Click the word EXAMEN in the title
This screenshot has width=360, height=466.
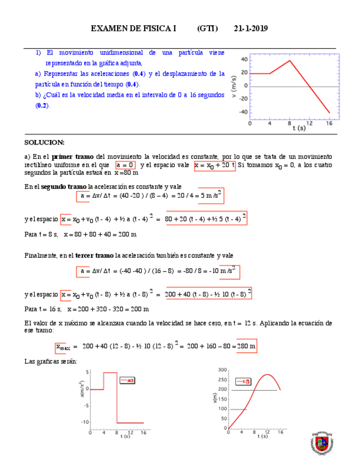click(x=108, y=29)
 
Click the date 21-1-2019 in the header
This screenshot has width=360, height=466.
click(x=251, y=29)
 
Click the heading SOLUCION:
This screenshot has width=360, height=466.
click(x=45, y=142)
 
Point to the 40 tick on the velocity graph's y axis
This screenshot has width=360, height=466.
click(x=244, y=60)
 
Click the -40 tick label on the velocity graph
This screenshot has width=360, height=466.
click(x=242, y=112)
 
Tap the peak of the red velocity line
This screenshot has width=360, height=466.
click(x=290, y=60)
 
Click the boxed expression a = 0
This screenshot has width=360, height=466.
click(x=125, y=165)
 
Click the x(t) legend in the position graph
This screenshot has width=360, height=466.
click(x=242, y=380)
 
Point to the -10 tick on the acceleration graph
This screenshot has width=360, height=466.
click(x=85, y=422)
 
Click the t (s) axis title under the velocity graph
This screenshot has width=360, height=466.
click(x=299, y=128)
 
